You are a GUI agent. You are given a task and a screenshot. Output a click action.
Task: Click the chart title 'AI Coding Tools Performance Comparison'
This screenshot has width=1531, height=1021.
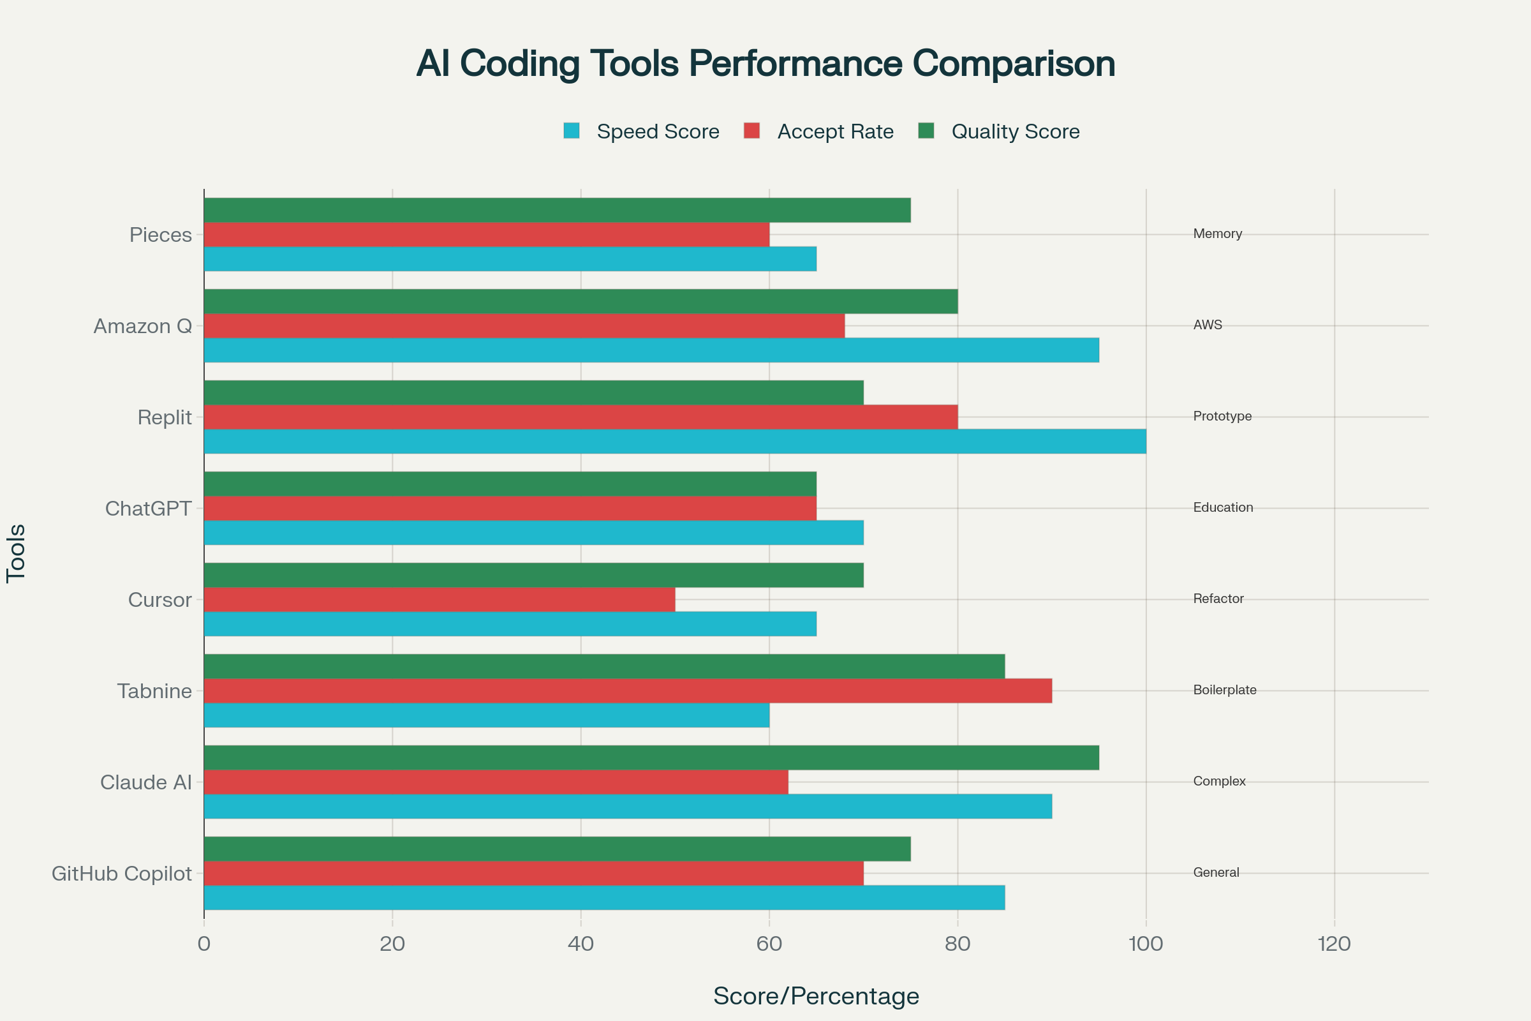click(765, 64)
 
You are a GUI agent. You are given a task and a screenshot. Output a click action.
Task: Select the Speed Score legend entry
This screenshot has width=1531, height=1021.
click(642, 131)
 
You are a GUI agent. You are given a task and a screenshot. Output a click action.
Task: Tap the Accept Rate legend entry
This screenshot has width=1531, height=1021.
click(819, 131)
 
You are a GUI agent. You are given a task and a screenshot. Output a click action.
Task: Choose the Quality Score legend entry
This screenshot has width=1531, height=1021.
click(998, 131)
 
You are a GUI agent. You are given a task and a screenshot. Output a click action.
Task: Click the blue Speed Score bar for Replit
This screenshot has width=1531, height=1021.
click(674, 442)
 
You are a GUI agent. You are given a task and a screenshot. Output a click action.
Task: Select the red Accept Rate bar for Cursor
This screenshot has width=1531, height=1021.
click(440, 600)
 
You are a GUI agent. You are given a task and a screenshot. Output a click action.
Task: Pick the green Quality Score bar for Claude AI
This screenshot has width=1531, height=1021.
click(651, 757)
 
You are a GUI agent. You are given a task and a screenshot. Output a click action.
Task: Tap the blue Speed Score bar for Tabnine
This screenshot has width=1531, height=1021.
click(486, 715)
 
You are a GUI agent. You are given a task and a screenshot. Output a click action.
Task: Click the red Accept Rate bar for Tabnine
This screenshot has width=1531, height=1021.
click(628, 691)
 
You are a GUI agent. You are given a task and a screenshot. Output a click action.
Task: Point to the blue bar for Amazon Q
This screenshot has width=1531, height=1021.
click(651, 350)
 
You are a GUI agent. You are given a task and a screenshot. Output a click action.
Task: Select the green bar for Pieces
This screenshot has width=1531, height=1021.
click(557, 211)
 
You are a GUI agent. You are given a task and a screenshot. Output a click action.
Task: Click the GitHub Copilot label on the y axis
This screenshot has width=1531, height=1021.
click(122, 874)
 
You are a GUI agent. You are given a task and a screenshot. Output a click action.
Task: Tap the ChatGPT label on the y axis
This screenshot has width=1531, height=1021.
click(149, 509)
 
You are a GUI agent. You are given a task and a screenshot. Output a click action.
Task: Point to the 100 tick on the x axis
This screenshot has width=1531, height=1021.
click(1146, 944)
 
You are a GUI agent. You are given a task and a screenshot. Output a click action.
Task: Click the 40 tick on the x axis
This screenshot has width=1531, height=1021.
click(581, 944)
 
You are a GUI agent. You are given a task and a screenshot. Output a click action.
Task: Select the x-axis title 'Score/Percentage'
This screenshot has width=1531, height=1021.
click(817, 996)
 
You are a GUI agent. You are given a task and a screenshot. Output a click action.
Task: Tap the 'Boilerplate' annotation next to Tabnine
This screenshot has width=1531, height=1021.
click(1224, 690)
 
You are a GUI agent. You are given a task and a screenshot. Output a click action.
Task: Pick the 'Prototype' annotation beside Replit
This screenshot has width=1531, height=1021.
click(1222, 416)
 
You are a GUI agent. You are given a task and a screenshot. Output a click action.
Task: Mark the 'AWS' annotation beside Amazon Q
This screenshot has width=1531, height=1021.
click(1208, 325)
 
